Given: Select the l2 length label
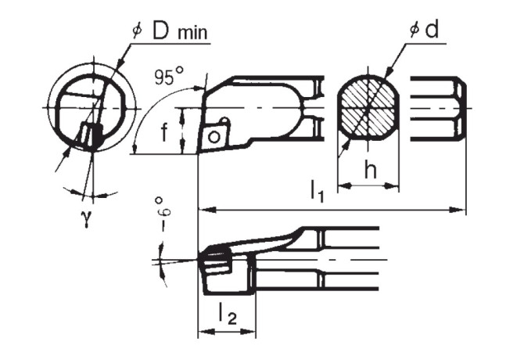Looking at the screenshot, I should pyautogui.click(x=226, y=313).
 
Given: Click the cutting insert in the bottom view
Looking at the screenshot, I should pyautogui.click(x=216, y=261).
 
